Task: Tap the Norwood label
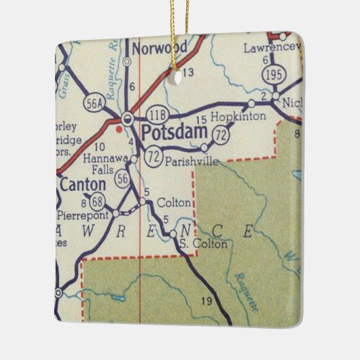[160, 48]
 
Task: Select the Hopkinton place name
[238, 117]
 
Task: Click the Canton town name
[83, 184]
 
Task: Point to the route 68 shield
[99, 200]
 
